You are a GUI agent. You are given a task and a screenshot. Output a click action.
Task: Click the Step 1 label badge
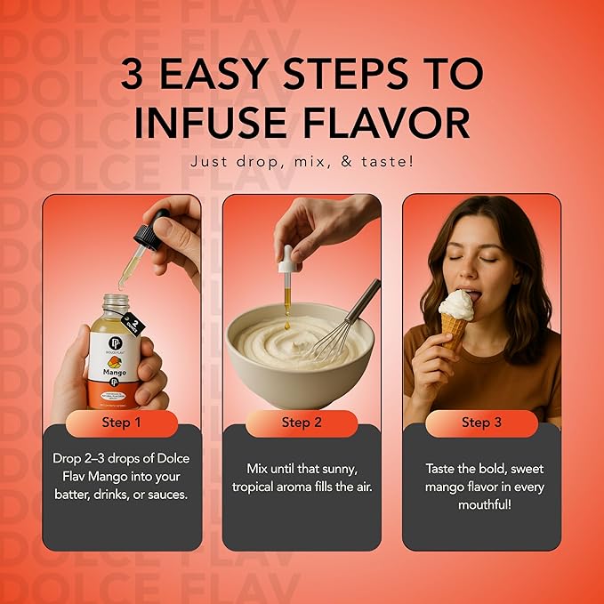pos(122,423)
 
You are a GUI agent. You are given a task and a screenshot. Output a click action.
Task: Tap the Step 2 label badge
pos(302,423)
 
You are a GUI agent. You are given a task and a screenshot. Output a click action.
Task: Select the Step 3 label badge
pos(481,423)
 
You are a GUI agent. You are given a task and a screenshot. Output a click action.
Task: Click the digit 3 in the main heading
pos(144,75)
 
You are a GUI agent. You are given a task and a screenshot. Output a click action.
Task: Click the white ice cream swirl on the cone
pos(455,304)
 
